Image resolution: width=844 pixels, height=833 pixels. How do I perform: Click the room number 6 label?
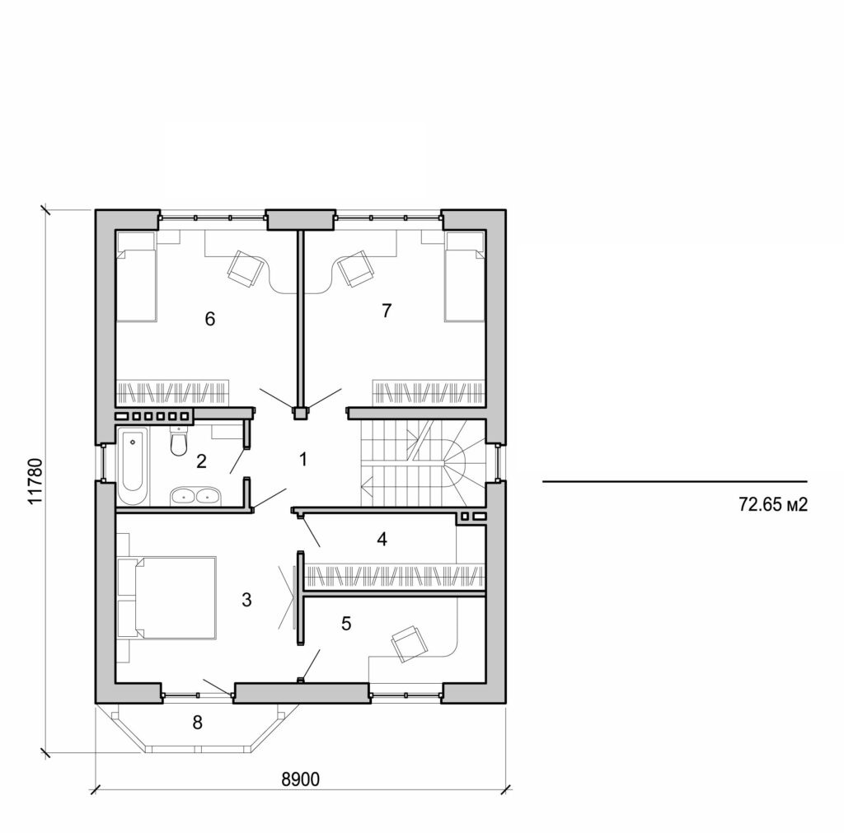[x=210, y=319]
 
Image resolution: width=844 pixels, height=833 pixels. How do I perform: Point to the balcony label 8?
[x=197, y=723]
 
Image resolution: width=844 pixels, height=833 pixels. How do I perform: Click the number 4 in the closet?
[x=381, y=540]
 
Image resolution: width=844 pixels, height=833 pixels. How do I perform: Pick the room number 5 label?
[x=346, y=623]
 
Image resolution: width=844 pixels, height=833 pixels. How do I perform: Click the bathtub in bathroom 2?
[x=133, y=466]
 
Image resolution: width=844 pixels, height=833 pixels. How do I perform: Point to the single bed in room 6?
[x=136, y=277]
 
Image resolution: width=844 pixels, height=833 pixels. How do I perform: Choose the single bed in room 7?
[x=464, y=277]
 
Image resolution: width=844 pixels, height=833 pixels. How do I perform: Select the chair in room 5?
[x=409, y=643]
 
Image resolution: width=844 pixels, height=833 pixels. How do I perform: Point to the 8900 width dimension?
[x=302, y=778]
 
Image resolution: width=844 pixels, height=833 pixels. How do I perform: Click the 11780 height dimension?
[x=33, y=479]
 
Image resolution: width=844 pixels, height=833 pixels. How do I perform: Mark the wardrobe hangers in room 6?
[x=171, y=389]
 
